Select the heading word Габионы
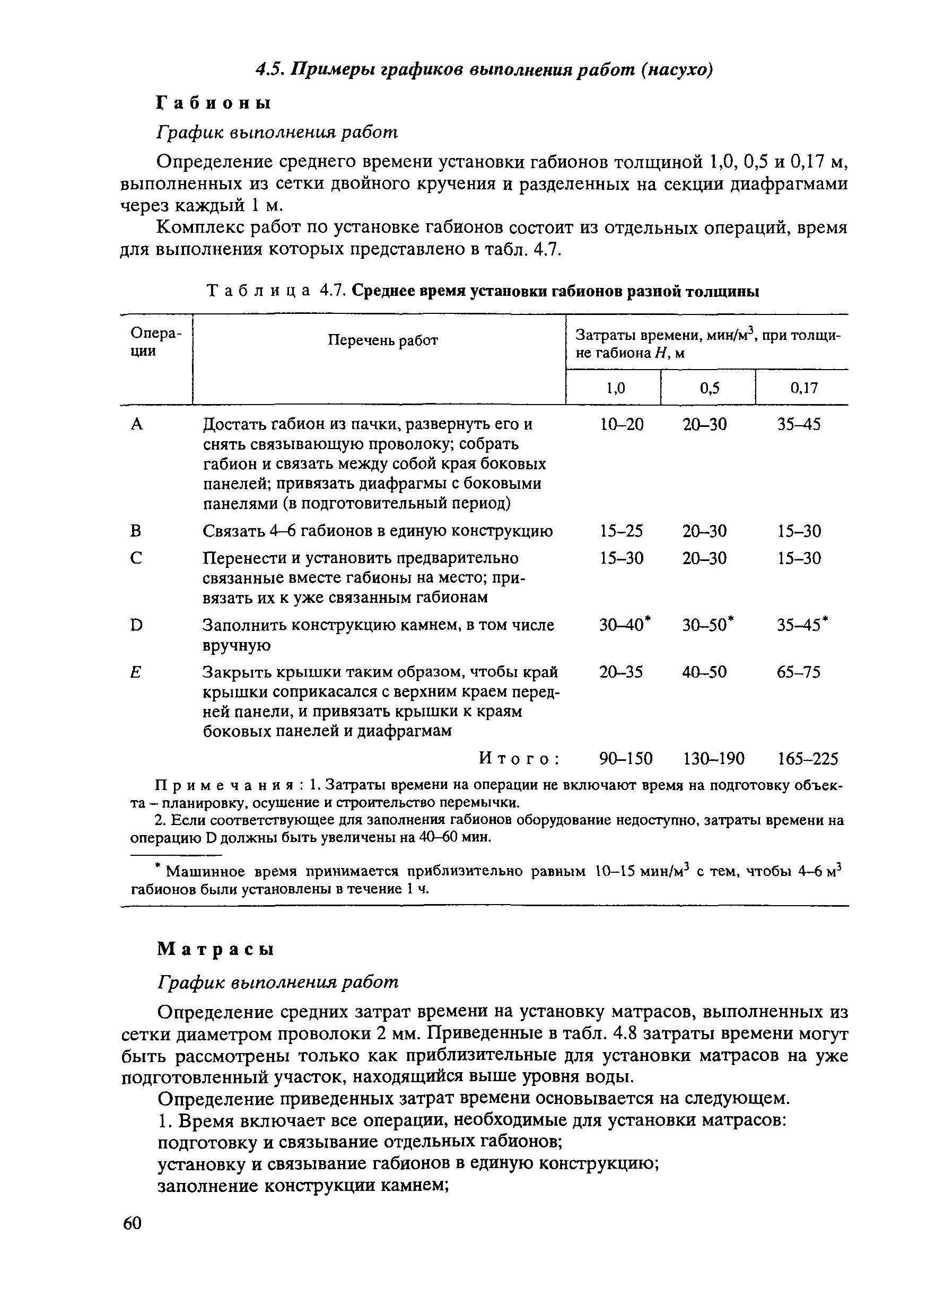tap(213, 103)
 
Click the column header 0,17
tap(803, 388)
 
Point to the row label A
tap(136, 424)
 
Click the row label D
tap(136, 625)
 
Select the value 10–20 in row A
tap(622, 424)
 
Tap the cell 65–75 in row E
tap(799, 672)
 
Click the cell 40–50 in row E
tap(704, 672)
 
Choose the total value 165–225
tap(807, 759)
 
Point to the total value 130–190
tap(714, 759)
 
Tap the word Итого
tap(519, 759)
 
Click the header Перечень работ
tap(383, 341)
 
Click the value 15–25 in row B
tap(621, 531)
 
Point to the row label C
tap(136, 558)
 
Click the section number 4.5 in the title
tap(270, 70)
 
